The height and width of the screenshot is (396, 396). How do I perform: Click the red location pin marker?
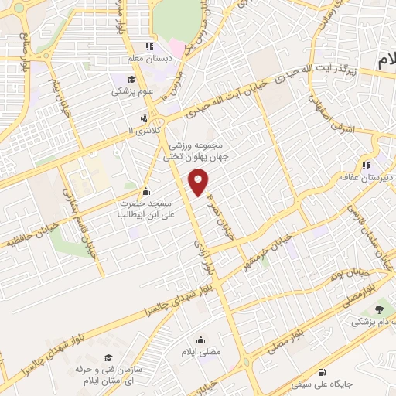[200, 183]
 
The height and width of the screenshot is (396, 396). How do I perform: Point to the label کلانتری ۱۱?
[145, 130]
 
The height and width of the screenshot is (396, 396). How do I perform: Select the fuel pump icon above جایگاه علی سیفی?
[321, 371]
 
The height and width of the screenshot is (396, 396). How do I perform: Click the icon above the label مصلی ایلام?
[201, 340]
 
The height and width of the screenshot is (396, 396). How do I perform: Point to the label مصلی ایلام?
[201, 351]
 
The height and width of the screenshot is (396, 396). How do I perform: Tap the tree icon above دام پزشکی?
[378, 308]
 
